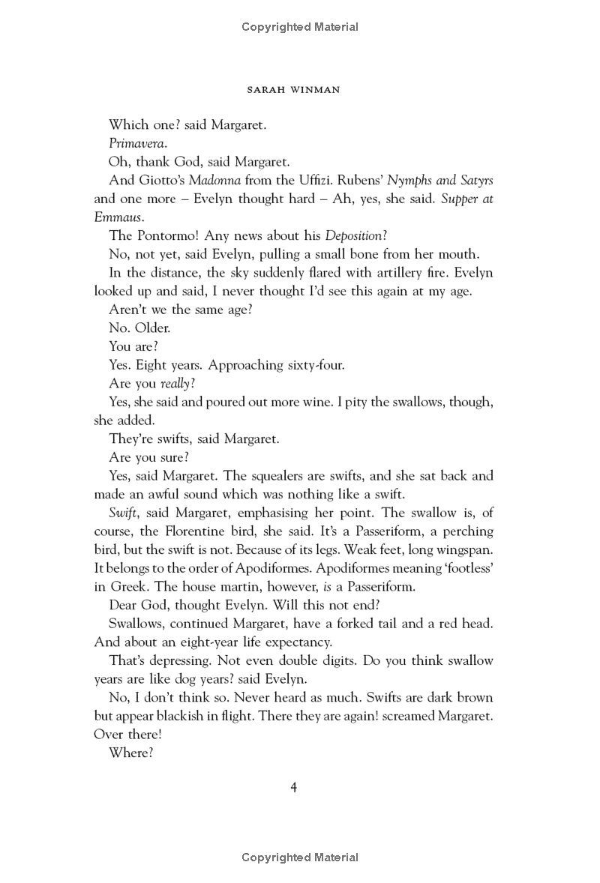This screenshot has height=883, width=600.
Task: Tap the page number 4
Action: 295,786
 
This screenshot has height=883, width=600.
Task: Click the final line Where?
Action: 131,751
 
